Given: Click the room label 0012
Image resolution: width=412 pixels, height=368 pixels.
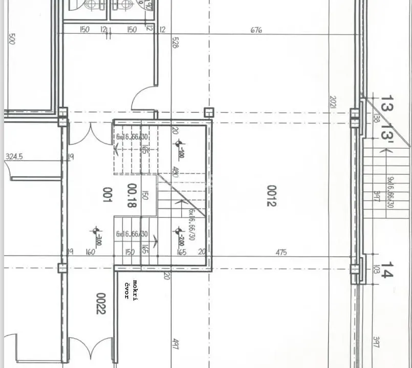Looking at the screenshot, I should pyautogui.click(x=271, y=196).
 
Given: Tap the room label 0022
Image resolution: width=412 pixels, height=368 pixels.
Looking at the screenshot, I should pyautogui.click(x=100, y=303).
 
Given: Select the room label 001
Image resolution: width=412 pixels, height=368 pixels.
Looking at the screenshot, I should pyautogui.click(x=107, y=194).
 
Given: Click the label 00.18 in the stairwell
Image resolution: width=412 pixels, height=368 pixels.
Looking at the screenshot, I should pyautogui.click(x=132, y=195).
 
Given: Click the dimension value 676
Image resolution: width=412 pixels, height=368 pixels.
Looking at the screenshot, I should pyautogui.click(x=256, y=30).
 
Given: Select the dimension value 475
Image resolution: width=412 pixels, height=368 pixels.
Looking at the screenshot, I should pyautogui.click(x=281, y=252).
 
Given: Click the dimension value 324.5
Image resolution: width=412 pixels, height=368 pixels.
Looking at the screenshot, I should pyautogui.click(x=14, y=157).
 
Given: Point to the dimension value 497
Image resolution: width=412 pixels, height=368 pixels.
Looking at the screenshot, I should pyautogui.click(x=175, y=344).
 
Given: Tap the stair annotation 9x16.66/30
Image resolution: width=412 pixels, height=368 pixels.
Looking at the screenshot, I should pyautogui.click(x=390, y=192).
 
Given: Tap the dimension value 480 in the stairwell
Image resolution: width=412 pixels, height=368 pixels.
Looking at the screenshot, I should pyautogui.click(x=175, y=172).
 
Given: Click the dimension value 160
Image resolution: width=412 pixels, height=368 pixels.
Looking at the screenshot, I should pyautogui.click(x=91, y=252).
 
